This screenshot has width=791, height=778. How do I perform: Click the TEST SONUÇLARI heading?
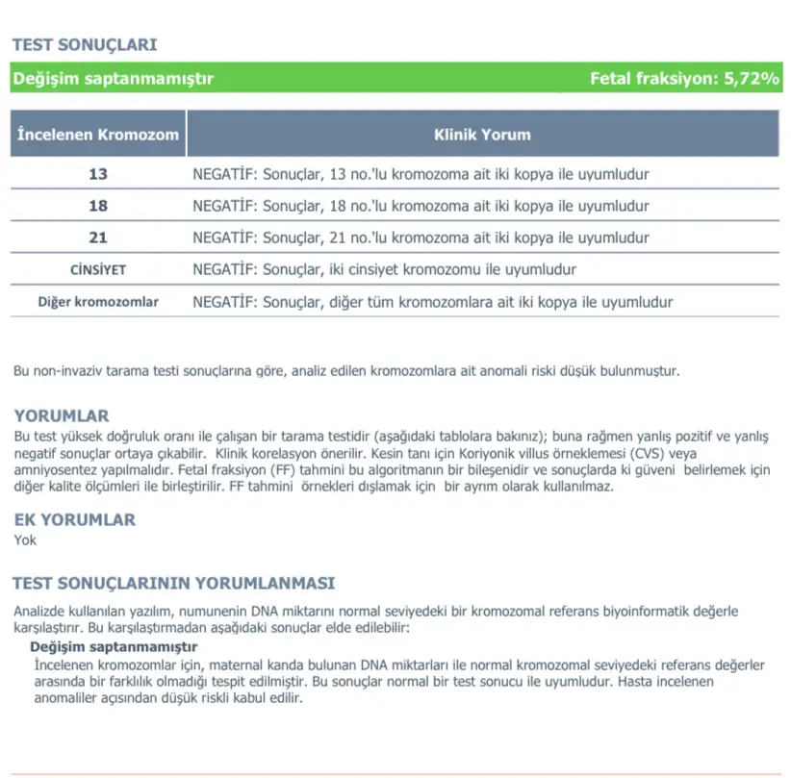coord(85,45)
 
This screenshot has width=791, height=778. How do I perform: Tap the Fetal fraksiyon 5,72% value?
coord(684,79)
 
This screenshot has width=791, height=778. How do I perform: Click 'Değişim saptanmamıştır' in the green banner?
coord(114,79)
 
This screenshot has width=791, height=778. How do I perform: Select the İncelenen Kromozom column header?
coord(99,135)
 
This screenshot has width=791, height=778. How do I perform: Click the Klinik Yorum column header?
coord(482,135)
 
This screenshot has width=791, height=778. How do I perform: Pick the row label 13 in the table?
coord(98,175)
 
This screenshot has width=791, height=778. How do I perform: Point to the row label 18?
coord(98,206)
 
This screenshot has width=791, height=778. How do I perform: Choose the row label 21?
coord(98,238)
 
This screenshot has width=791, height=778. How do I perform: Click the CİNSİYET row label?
coord(98,270)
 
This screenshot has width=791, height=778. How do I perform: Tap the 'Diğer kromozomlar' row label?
coord(98,302)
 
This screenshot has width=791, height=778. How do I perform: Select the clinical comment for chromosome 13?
coord(421,175)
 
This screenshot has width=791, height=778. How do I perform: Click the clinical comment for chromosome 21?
coord(421,238)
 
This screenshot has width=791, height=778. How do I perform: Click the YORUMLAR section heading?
coord(62,416)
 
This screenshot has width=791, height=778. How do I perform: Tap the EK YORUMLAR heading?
coord(75,520)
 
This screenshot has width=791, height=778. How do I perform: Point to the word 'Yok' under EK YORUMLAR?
coord(25,540)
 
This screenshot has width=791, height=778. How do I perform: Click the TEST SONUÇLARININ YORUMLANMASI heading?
coord(174,584)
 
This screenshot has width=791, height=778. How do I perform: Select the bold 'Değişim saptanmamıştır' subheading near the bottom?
coord(114,647)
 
